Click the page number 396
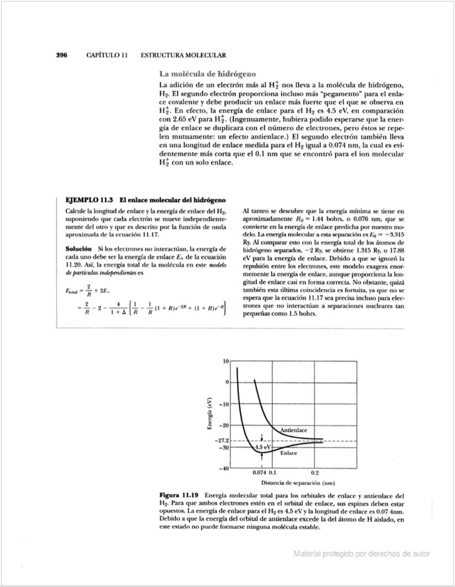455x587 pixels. coord(61,55)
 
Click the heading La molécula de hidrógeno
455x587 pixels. coord(207,74)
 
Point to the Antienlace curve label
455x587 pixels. coord(294,429)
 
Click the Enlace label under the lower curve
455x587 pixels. coord(288,453)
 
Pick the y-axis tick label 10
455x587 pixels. coord(225,361)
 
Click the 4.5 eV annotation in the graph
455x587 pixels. coord(263,447)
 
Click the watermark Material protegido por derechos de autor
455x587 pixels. coord(361,553)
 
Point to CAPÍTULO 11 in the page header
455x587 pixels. coord(107,55)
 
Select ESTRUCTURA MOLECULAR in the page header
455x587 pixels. coord(183,55)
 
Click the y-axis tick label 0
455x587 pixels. coord(226,382)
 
